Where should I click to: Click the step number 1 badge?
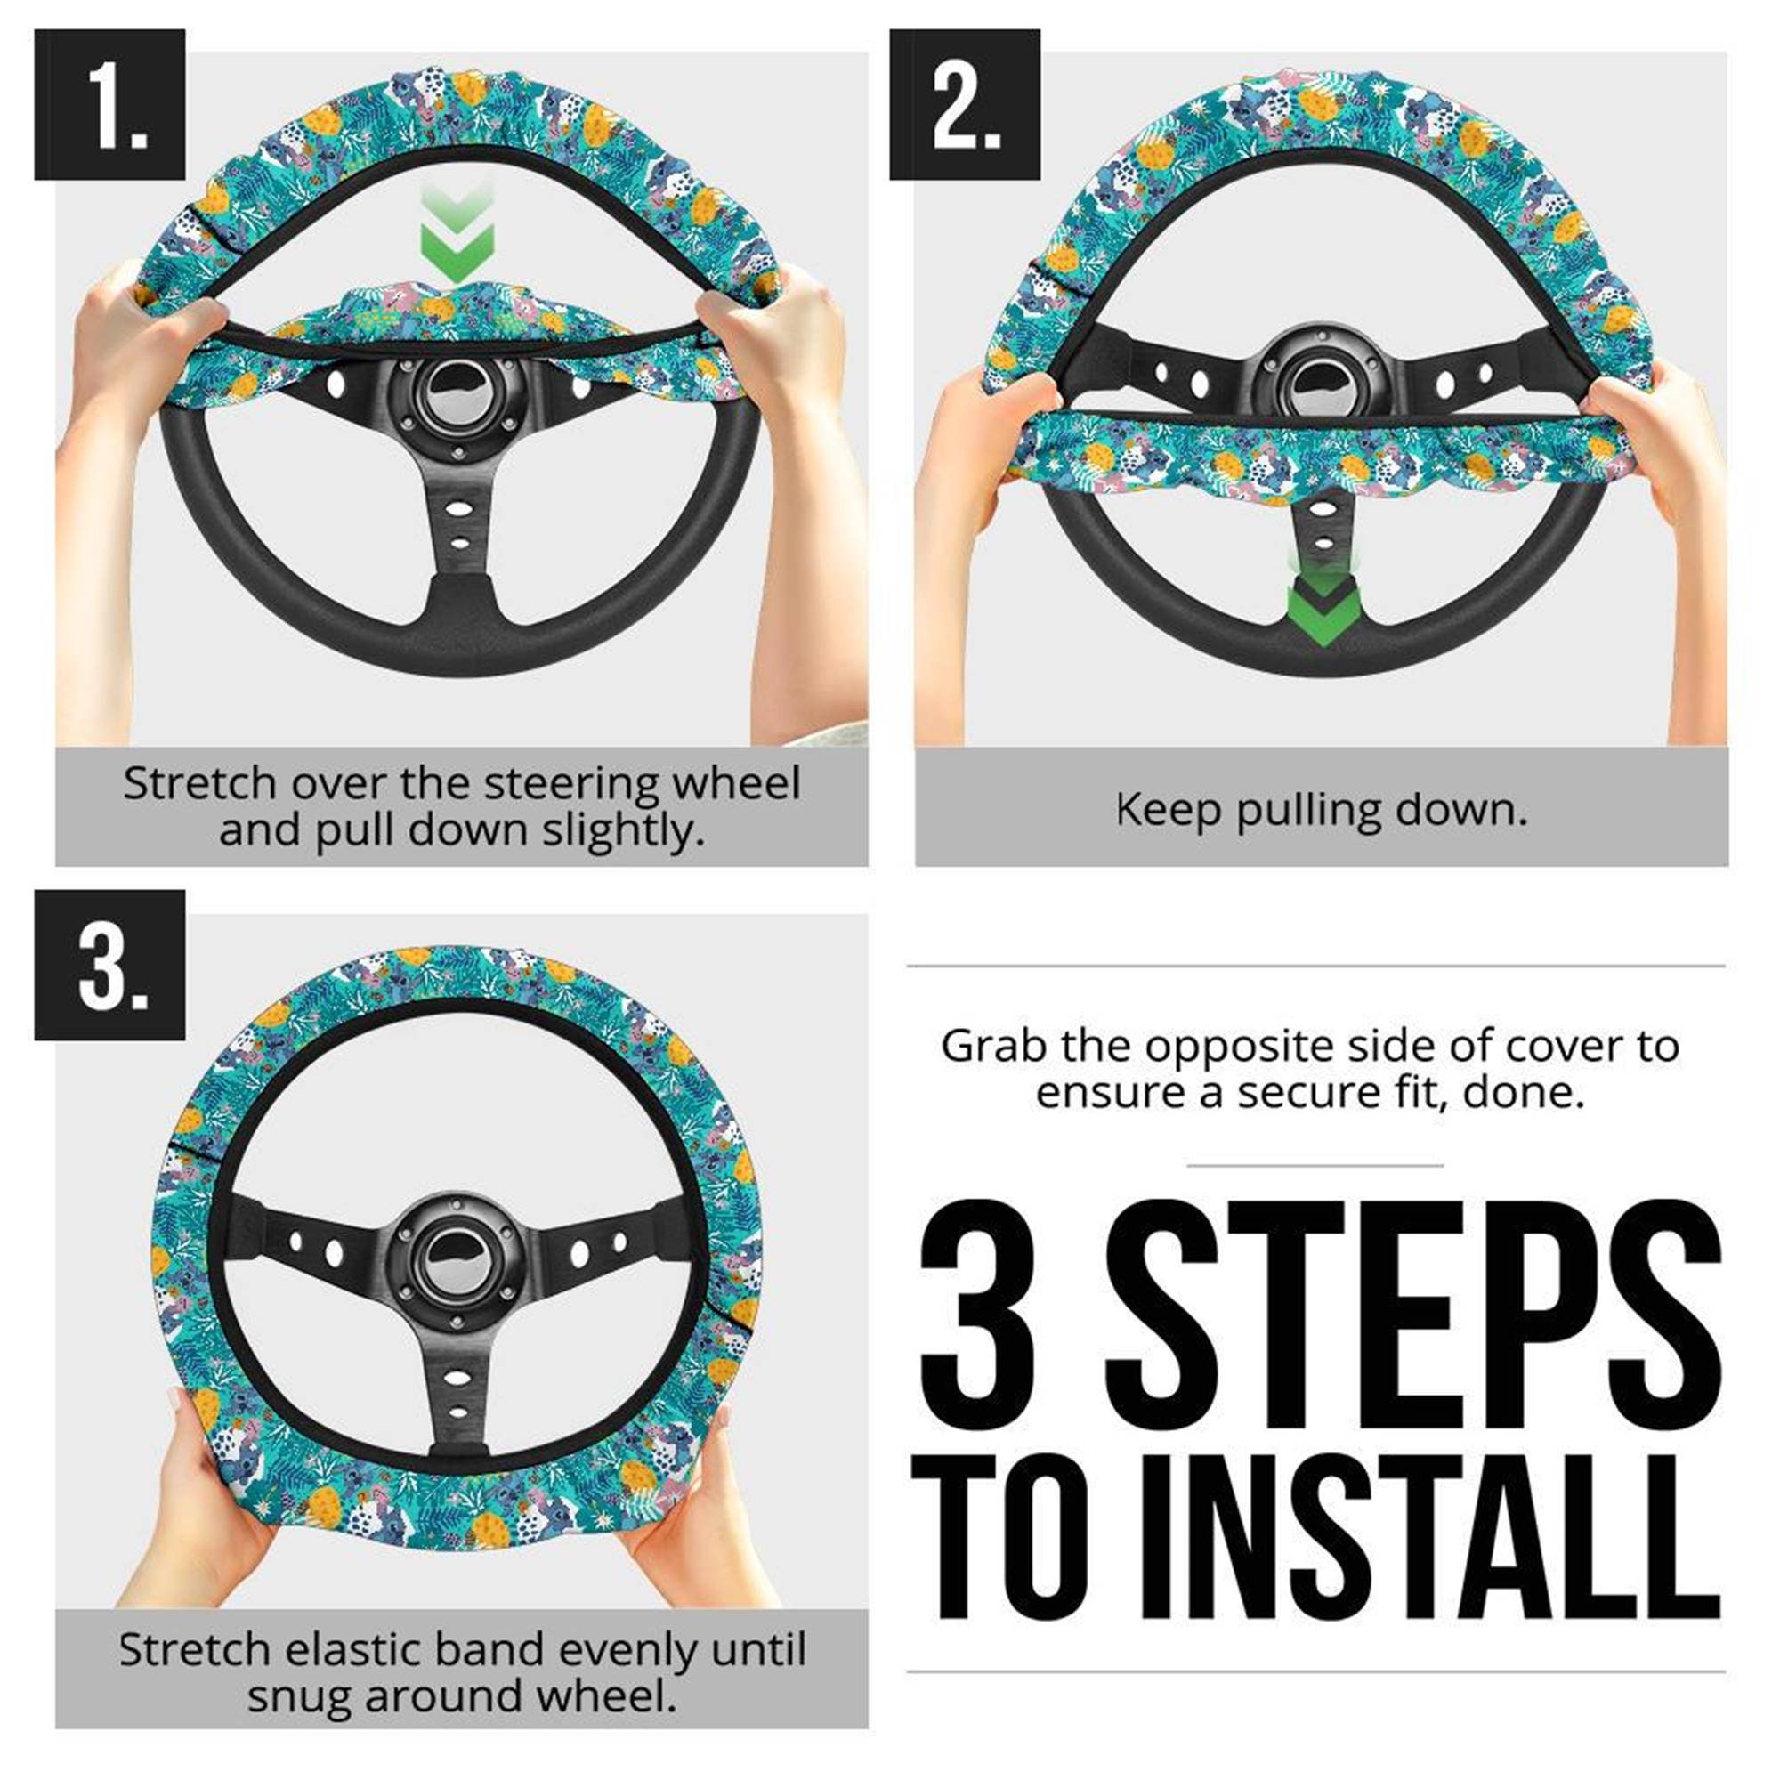coord(109,104)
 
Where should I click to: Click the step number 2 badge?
coord(964,104)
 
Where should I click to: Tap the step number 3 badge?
coord(109,965)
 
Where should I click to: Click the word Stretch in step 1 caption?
coord(200,784)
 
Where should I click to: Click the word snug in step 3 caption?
coord(299,1696)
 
